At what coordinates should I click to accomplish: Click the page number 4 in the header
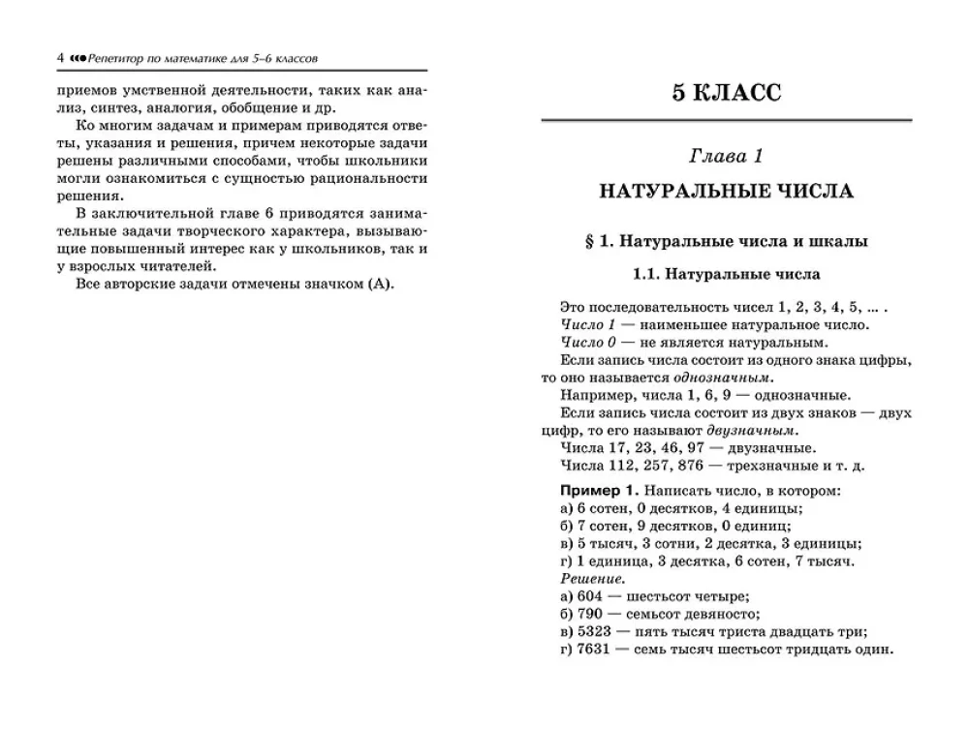pyautogui.click(x=61, y=58)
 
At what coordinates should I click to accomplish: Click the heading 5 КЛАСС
pyautogui.click(x=726, y=94)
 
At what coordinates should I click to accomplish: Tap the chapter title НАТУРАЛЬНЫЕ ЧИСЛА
pyautogui.click(x=726, y=191)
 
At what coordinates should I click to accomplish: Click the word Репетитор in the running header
pyautogui.click(x=114, y=58)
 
